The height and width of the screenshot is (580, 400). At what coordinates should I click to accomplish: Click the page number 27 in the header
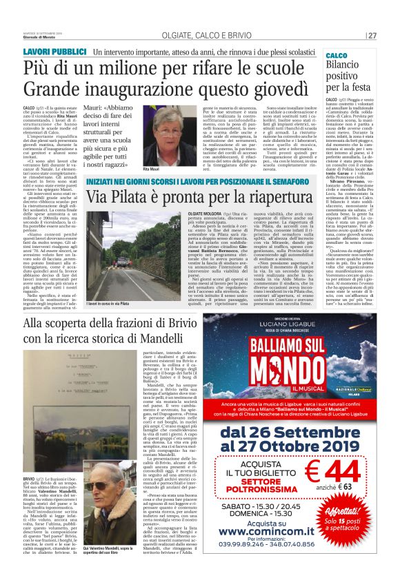tap(372, 36)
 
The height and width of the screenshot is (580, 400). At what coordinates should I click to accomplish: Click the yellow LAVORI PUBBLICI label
tap(54, 52)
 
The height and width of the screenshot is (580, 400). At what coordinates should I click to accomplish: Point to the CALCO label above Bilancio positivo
tap(336, 54)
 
